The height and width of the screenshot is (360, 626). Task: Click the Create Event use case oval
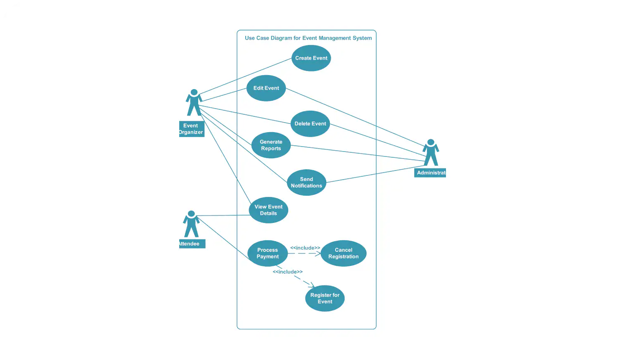pos(311,58)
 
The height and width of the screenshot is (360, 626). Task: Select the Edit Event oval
pos(266,88)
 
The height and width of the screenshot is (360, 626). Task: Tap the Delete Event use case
pos(310,124)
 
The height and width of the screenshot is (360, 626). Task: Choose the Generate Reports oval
pos(271,145)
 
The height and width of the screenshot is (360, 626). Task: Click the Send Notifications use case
pos(306,182)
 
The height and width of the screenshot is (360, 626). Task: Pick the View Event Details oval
pos(268,210)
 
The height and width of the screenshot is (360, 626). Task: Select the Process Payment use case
pos(268,253)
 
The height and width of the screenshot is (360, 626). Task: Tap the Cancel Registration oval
pos(344,253)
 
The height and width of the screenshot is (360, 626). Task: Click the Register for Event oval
pos(325,298)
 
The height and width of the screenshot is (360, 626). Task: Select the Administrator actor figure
pos(431,152)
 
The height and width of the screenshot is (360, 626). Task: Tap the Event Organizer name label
pos(192,129)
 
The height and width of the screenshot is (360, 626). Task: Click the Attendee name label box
pos(192,244)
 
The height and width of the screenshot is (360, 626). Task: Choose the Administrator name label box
pos(430,173)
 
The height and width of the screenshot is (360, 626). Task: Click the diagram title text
pos(308,38)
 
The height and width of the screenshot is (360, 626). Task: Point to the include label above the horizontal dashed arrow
pos(305,248)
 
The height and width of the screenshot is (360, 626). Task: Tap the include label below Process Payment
pos(287,272)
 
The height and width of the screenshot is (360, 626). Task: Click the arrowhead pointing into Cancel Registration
pos(318,253)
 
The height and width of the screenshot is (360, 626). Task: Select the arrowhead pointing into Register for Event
pos(312,285)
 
